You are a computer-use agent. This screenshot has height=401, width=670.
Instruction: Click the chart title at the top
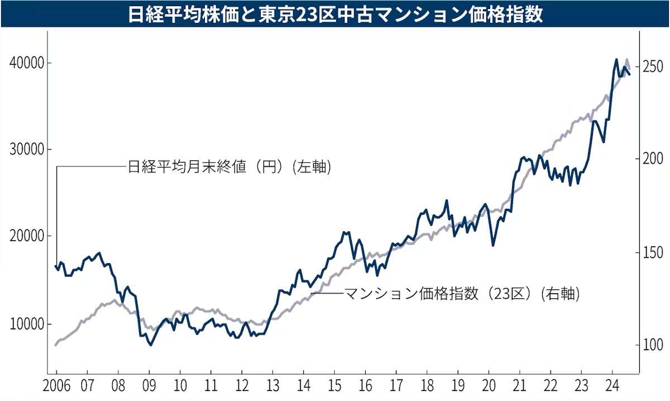335,14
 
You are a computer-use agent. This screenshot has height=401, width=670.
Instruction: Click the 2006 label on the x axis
56,386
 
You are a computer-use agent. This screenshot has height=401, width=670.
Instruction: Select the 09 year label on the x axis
149,386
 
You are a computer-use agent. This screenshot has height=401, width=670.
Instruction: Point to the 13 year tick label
272,386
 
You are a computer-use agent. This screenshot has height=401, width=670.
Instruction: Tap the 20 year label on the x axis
489,386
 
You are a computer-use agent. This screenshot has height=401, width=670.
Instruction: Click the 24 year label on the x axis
612,386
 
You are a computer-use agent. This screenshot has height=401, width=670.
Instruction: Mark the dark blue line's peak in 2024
616,59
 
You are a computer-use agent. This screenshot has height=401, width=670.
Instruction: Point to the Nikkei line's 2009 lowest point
150,345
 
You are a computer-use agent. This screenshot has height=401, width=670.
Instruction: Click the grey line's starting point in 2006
56,345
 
